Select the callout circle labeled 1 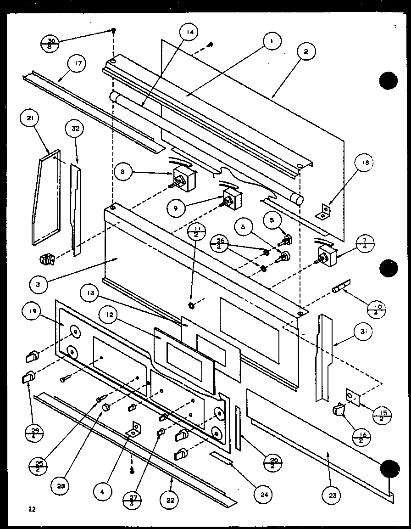coord(272,42)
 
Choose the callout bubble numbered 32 coord(75,130)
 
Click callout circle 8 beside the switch coord(123,173)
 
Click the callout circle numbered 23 coord(332,495)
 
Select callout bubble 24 coord(265,495)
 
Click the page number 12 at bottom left coord(31,509)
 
